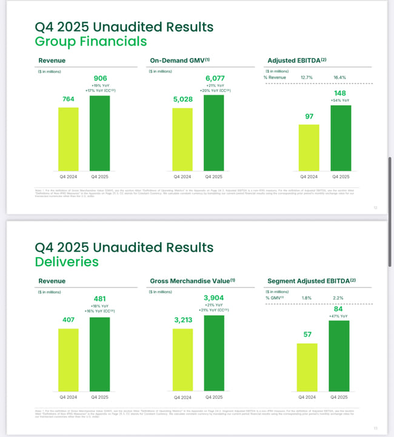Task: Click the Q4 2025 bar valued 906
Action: point(100,133)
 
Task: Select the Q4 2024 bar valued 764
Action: point(68,139)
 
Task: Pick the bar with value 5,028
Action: point(182,139)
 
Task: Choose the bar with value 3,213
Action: point(182,360)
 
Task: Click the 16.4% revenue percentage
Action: point(339,77)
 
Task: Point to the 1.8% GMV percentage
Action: point(307,298)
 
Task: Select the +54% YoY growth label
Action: point(341,100)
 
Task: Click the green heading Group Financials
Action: point(91,41)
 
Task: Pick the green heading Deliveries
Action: point(67,261)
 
